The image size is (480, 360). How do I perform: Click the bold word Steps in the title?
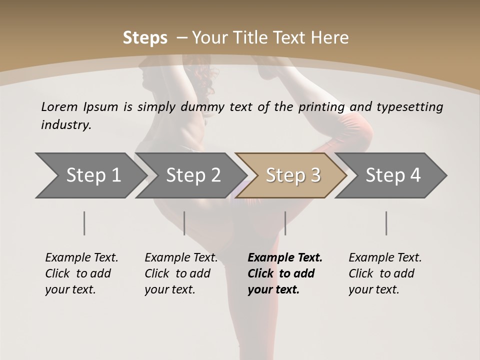[x=145, y=38]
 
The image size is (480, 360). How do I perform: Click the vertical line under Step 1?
[x=84, y=223]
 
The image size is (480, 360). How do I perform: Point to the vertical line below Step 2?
[x=184, y=223]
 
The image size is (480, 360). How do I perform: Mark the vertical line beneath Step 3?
[x=285, y=223]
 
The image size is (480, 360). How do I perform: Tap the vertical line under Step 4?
[x=386, y=223]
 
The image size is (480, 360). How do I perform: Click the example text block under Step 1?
[x=81, y=273]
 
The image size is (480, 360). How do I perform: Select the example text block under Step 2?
[x=181, y=273]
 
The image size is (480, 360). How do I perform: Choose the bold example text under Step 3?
[x=285, y=273]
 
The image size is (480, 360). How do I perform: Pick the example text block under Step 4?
[x=385, y=273]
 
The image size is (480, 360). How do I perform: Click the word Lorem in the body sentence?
[x=59, y=107]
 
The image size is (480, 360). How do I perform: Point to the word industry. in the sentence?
[x=66, y=125]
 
